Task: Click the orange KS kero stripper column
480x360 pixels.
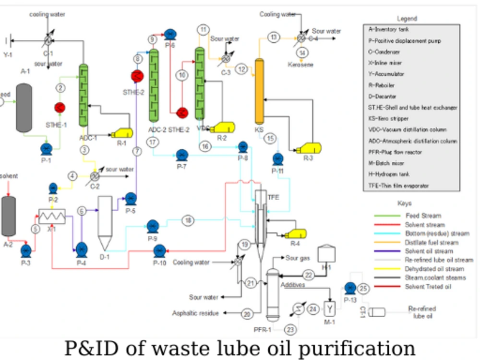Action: (259, 91)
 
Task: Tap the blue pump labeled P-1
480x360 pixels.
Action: (46, 148)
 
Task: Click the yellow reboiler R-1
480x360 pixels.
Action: (122, 132)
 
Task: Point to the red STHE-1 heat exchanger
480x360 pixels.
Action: (60, 108)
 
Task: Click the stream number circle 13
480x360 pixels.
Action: (274, 37)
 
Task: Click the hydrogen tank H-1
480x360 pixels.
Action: (327, 253)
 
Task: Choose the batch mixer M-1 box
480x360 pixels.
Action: (330, 307)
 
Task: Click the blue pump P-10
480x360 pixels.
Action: (160, 250)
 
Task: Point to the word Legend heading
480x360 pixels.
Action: (407, 19)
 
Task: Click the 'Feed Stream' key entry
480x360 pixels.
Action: (422, 216)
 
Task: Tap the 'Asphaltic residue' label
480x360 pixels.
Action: (195, 313)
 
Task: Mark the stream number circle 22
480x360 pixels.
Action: (309, 275)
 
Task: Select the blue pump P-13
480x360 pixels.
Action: (350, 288)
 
